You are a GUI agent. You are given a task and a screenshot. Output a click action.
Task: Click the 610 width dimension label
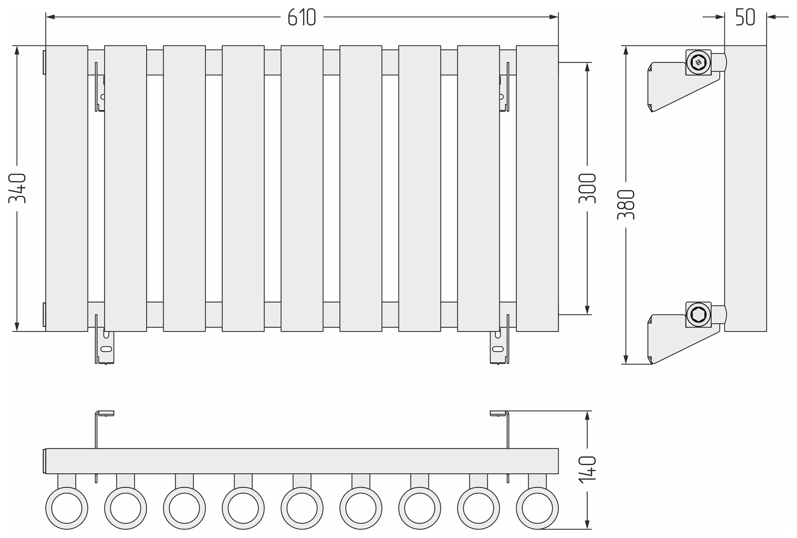302,17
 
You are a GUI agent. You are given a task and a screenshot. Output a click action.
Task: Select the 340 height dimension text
17,188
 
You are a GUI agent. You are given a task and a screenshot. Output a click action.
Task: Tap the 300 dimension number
587,188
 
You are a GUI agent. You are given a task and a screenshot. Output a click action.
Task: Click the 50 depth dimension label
745,17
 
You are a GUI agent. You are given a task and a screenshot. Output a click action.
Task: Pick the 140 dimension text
587,469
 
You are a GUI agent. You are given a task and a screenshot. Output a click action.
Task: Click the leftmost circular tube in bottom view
66,509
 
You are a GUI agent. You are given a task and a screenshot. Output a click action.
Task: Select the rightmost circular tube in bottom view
537,509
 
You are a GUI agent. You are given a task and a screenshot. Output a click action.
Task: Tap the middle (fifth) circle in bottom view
302,509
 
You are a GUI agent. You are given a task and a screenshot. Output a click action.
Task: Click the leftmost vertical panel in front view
66,188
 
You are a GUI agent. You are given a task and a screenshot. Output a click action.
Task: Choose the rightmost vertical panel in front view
537,188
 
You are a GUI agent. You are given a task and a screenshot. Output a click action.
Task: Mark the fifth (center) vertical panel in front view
302,188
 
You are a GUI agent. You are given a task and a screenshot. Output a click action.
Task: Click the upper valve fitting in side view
699,63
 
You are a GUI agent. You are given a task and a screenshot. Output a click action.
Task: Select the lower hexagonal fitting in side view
699,315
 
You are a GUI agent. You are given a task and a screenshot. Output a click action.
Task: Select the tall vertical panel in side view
745,188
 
